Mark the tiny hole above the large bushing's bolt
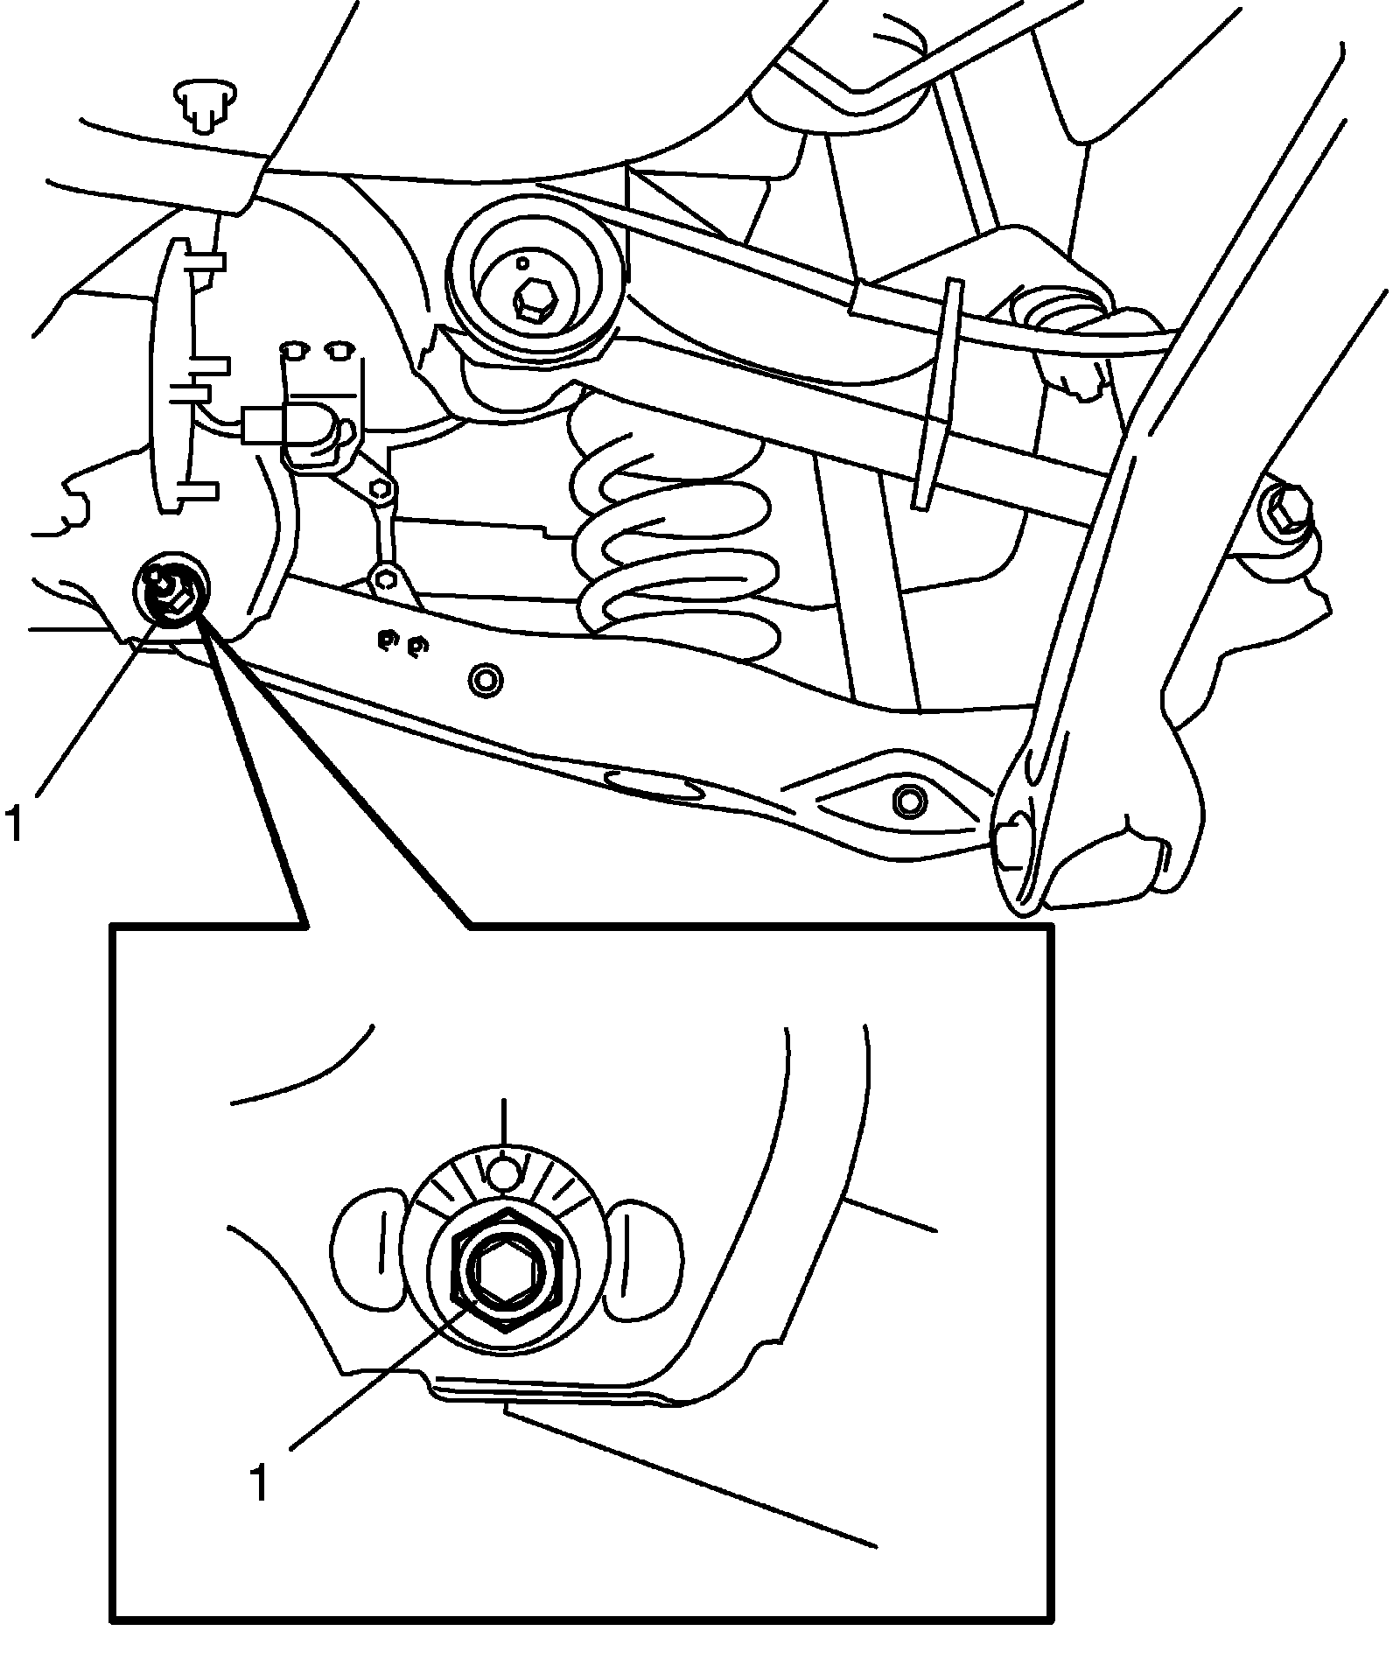522,262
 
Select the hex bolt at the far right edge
1284,511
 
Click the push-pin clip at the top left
206,104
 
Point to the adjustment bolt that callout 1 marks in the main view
172,590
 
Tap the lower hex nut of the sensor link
385,578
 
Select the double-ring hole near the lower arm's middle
485,679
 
